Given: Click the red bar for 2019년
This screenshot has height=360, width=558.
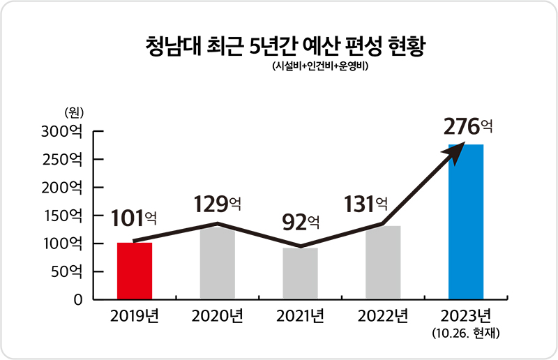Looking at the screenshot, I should [135, 271].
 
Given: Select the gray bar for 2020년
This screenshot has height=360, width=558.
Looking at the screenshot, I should [217, 264].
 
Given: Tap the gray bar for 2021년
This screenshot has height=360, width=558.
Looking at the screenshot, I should [300, 273].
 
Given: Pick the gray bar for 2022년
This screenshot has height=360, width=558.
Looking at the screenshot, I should [383, 263].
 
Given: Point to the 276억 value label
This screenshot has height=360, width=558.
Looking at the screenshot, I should [468, 127].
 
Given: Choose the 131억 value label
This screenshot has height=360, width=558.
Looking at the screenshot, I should [365, 204].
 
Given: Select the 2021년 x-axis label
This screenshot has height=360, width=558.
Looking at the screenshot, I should [300, 317].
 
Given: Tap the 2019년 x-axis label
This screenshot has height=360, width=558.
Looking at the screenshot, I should [135, 317].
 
